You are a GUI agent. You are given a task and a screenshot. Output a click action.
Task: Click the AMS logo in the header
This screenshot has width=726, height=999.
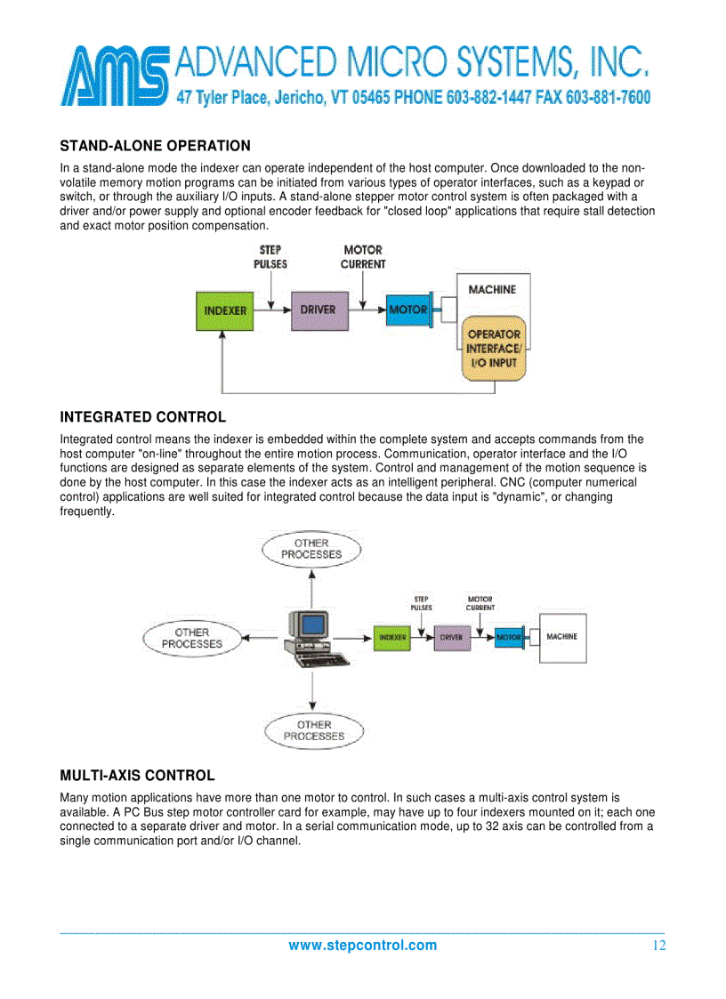(x=116, y=77)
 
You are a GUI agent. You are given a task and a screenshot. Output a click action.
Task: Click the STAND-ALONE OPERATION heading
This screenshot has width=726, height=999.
(x=155, y=146)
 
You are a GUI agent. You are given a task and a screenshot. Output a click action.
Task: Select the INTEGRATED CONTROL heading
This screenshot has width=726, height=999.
(x=142, y=417)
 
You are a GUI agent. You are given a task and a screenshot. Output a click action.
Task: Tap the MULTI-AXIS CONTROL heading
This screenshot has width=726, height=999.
(x=137, y=776)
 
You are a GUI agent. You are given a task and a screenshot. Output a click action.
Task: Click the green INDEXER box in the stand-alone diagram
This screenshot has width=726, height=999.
(x=225, y=310)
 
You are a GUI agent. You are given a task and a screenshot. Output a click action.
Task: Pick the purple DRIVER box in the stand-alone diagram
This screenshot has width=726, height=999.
(x=318, y=310)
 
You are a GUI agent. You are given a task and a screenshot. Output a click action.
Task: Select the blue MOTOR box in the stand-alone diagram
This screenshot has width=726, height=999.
(x=407, y=310)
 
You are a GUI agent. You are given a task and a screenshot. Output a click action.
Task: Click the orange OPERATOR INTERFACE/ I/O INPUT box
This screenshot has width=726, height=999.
(x=494, y=349)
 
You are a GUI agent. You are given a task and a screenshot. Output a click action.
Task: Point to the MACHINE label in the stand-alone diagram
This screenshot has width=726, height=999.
(x=492, y=290)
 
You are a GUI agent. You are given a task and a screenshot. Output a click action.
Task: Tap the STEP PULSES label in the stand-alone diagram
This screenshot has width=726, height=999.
(x=270, y=257)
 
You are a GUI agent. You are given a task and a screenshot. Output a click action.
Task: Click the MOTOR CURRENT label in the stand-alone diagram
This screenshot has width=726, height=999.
(x=363, y=257)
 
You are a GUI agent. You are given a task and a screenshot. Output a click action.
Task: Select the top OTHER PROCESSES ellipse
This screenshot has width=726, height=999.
(x=311, y=549)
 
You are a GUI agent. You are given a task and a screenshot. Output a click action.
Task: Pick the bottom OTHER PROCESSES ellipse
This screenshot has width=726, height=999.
(x=314, y=730)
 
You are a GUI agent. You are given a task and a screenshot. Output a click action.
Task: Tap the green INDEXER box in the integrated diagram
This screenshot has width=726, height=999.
(x=392, y=638)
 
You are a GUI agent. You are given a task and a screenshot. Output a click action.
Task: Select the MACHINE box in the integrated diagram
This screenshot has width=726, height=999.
(x=562, y=637)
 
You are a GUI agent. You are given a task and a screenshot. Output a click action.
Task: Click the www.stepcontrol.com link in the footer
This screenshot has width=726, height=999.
(x=362, y=946)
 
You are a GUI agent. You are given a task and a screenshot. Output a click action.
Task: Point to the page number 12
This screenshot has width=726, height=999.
(x=658, y=946)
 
